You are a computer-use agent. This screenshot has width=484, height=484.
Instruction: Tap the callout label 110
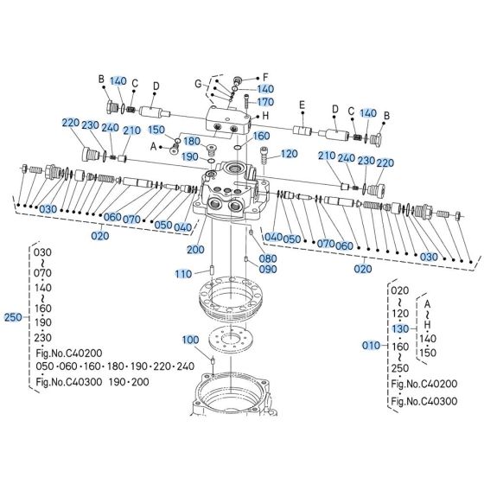pos(183,274)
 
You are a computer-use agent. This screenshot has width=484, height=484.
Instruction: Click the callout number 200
pos(196,249)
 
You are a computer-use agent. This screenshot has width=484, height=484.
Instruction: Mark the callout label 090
pos(268,269)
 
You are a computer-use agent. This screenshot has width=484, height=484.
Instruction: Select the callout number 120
pos(289,153)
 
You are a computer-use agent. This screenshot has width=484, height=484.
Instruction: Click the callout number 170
pos(265,102)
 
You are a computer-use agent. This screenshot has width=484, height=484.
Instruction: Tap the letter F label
pos(265,76)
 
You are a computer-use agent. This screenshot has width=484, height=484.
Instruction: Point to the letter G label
pos(197,83)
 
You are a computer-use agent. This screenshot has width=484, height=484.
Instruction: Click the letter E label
pos(302,105)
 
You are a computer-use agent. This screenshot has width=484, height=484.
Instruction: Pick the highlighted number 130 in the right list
pos(398,328)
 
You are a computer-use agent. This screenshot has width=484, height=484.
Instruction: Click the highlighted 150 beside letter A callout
pos(156,130)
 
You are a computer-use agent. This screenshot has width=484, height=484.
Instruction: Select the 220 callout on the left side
pos(71,124)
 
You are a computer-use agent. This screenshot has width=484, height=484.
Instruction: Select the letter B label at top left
pos(101,80)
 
